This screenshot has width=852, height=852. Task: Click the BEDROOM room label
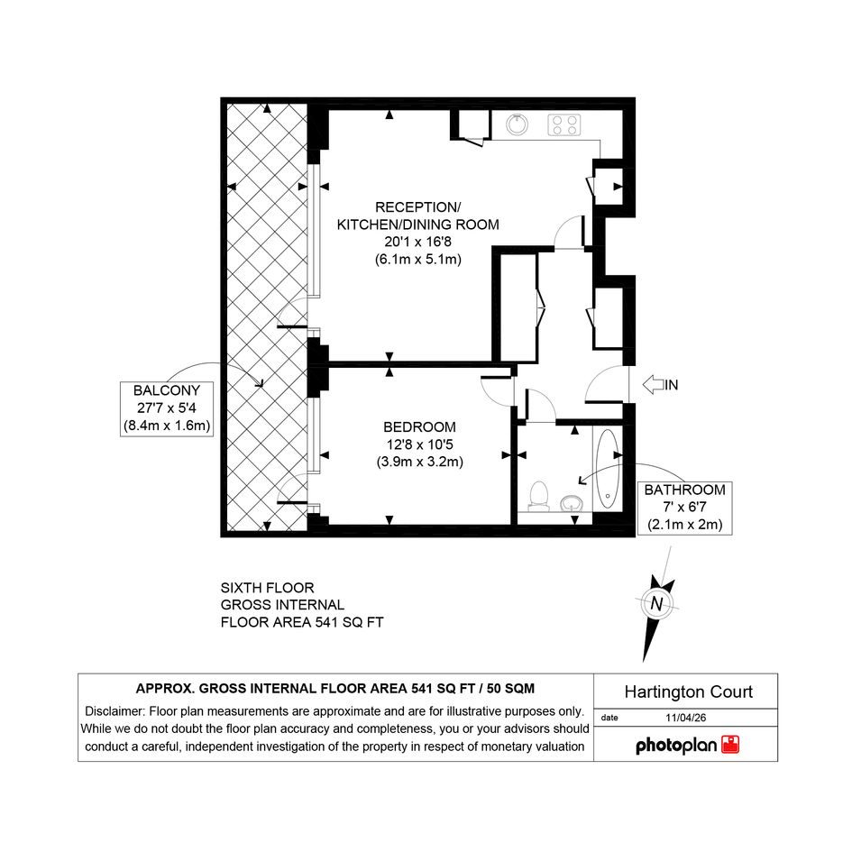(x=419, y=427)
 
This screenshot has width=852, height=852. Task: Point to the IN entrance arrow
(x=660, y=385)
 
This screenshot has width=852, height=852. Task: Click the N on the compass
(x=656, y=604)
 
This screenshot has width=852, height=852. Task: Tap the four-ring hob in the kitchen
(x=564, y=125)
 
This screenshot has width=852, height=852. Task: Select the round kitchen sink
(x=517, y=125)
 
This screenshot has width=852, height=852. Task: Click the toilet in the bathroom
(x=539, y=496)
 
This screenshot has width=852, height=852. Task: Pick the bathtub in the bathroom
(x=607, y=469)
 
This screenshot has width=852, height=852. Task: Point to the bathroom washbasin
(x=571, y=502)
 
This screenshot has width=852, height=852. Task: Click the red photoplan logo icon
(x=730, y=745)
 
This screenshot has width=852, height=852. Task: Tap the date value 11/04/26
(x=686, y=718)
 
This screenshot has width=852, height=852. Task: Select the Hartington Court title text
(x=689, y=692)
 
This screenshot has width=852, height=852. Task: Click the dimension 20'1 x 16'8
(x=417, y=242)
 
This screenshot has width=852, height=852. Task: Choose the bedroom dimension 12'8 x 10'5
(x=419, y=444)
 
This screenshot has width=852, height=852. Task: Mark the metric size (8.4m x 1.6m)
(x=166, y=426)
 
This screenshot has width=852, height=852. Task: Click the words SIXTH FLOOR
(x=268, y=588)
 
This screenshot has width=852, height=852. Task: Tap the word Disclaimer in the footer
(x=115, y=711)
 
